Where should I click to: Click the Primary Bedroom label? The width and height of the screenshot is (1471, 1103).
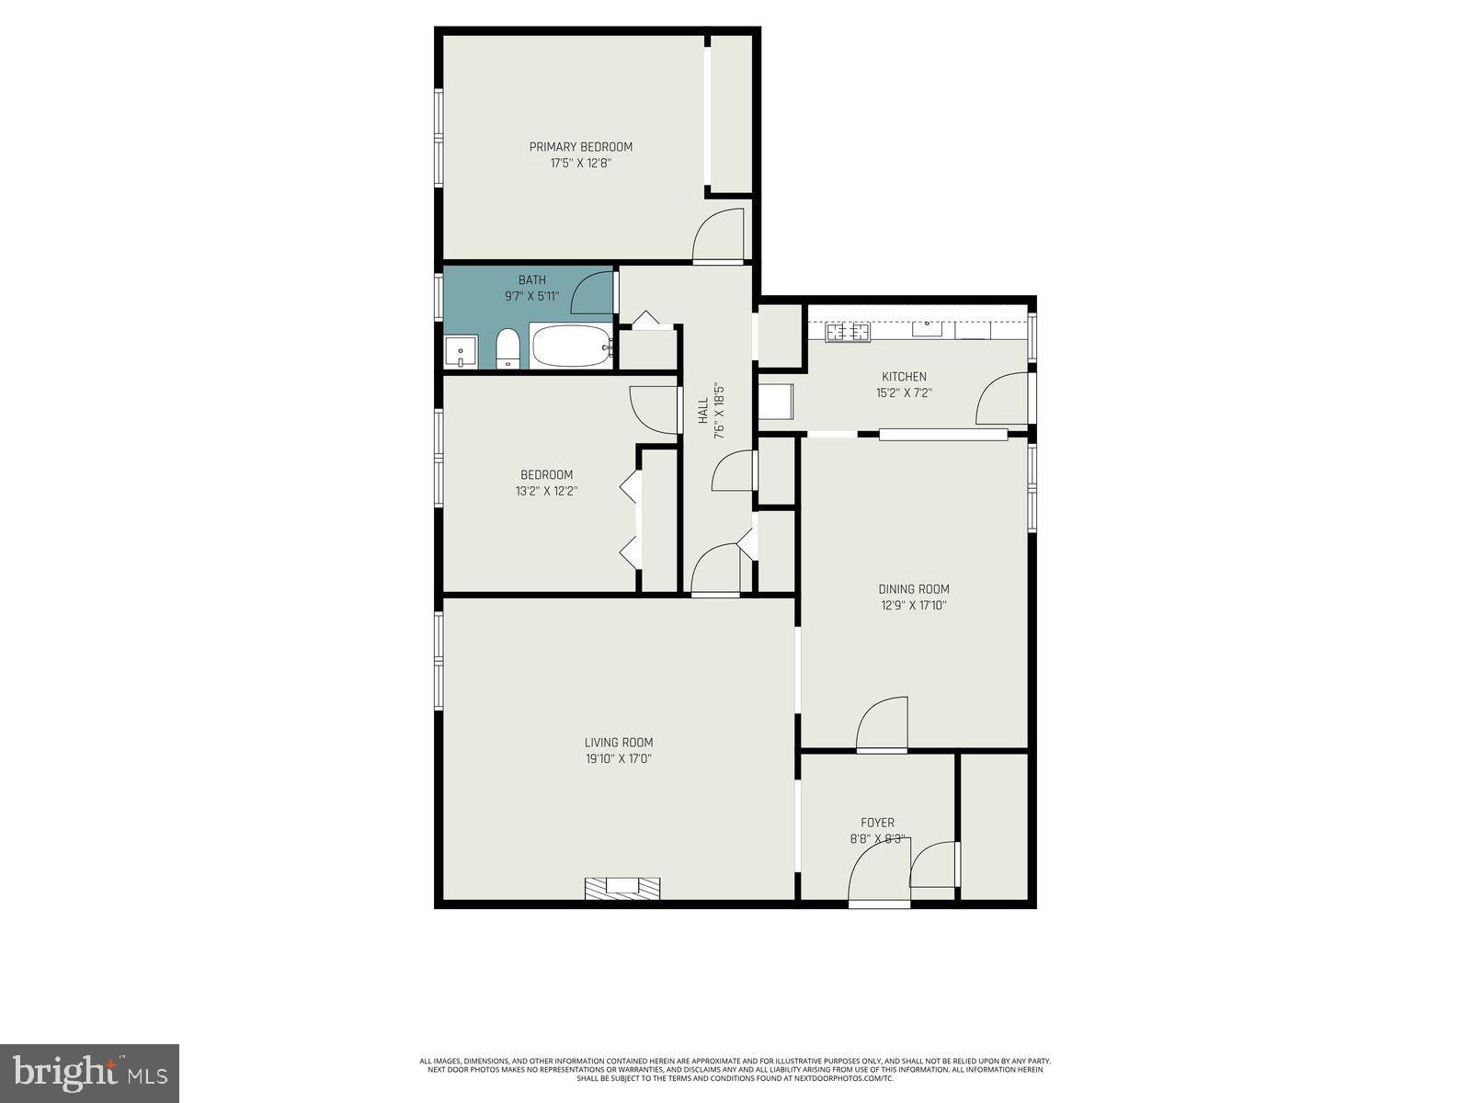click(580, 147)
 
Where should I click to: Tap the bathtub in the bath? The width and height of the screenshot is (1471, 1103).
click(570, 347)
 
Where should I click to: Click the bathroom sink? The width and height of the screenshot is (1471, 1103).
click(461, 351)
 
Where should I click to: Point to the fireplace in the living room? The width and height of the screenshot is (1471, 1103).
click(623, 887)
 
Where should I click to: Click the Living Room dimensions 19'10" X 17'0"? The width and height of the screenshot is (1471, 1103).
click(619, 759)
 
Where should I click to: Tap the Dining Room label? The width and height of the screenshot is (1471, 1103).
click(914, 589)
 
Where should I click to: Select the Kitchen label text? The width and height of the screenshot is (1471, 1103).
click(904, 377)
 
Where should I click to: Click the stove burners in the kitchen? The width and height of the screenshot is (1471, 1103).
click(848, 332)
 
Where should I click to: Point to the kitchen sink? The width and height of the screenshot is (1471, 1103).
click(927, 327)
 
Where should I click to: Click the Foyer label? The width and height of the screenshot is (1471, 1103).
click(877, 823)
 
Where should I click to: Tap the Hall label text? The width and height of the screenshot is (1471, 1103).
click(703, 410)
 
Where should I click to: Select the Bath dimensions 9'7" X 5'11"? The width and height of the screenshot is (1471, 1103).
click(531, 296)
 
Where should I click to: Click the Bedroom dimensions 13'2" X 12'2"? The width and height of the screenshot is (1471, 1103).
click(546, 491)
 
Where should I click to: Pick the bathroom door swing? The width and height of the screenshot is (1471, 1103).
click(593, 294)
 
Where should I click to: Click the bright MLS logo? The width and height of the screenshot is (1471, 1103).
click(89, 1073)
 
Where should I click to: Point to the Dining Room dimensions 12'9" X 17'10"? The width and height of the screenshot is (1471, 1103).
click(914, 606)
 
